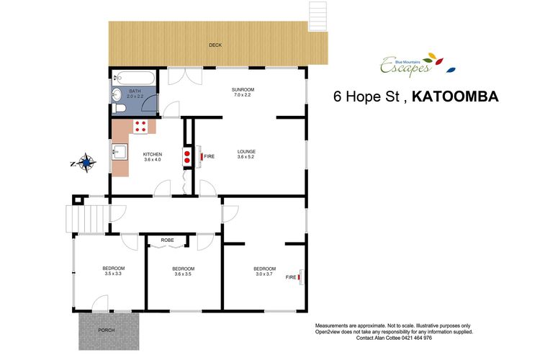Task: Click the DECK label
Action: (x=215, y=45)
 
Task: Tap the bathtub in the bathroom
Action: (x=134, y=78)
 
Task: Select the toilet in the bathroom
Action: (x=119, y=108)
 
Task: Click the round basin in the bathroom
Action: (x=117, y=94)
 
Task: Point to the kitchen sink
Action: (x=120, y=152)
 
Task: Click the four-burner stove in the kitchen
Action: (x=140, y=127)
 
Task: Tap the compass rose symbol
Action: (x=86, y=162)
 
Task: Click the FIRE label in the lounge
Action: (x=209, y=156)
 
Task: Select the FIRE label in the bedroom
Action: (x=291, y=277)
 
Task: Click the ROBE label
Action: (x=167, y=240)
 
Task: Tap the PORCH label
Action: (x=107, y=330)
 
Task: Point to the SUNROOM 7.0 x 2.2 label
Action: (x=243, y=92)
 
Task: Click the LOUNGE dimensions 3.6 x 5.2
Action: (x=246, y=157)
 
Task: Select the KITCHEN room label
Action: (x=153, y=154)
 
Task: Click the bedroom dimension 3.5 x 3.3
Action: (x=113, y=274)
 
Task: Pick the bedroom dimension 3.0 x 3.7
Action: (x=264, y=274)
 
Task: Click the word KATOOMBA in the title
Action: (x=455, y=96)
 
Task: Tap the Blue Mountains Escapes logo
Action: (x=418, y=64)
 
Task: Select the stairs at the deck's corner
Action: (x=318, y=17)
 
